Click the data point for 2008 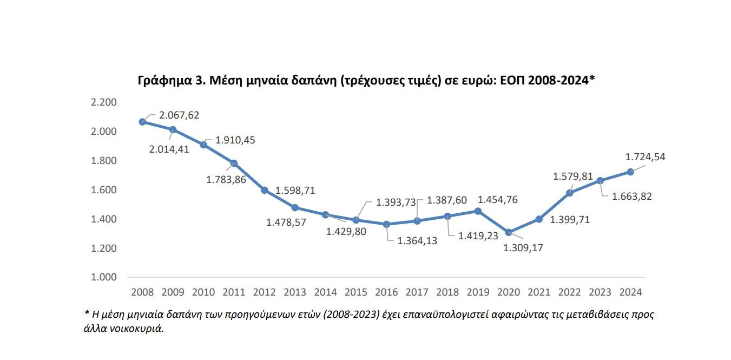pos(143,122)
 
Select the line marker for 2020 pos(509,232)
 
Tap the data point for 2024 pos(630,172)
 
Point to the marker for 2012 pos(265,190)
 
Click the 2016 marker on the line pos(387,224)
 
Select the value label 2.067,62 pos(179,115)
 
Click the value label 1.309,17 pos(523,248)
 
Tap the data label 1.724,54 pos(645,157)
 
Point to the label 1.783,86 pos(226,179)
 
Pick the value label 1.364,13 pos(417,241)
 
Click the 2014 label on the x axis pos(325,292)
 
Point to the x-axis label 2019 pos(478,292)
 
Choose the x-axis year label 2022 pos(569,292)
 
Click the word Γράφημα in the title pos(162,81)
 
